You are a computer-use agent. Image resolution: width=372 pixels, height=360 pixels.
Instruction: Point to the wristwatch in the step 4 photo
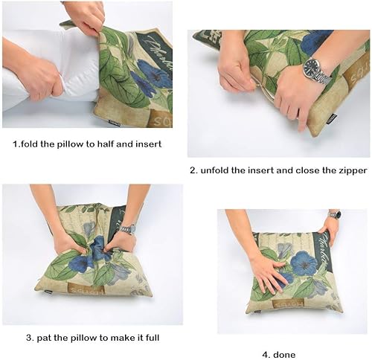(x=335, y=215)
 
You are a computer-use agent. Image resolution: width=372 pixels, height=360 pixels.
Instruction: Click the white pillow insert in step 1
(x=45, y=67)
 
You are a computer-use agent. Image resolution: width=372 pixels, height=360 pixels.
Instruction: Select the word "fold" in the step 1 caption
(x=32, y=143)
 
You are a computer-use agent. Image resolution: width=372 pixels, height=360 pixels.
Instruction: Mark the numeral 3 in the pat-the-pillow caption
(x=30, y=337)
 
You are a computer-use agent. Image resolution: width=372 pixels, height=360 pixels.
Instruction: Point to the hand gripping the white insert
(x=37, y=75)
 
